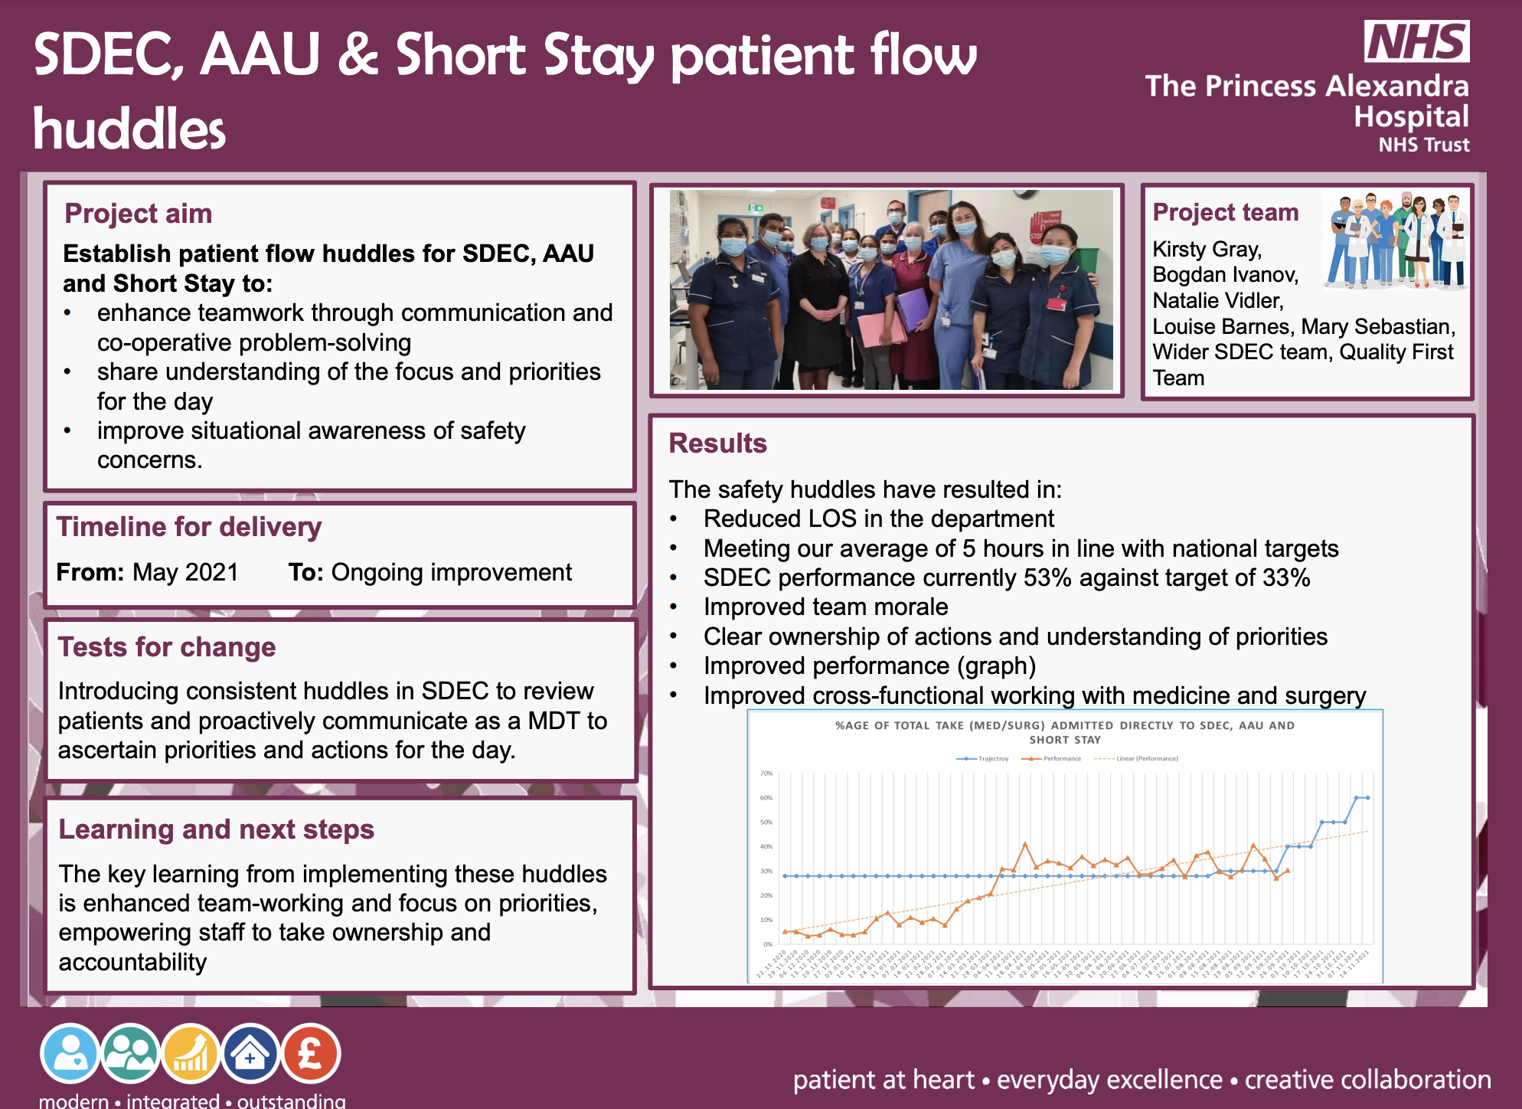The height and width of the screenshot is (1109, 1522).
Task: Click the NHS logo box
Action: tap(1416, 41)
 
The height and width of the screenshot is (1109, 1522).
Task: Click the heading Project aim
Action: tap(138, 214)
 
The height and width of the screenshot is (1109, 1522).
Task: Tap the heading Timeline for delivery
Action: tap(188, 527)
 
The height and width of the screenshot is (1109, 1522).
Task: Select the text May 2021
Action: tap(185, 572)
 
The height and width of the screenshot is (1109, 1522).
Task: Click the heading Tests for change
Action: tap(167, 647)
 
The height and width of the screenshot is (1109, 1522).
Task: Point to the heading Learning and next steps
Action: tap(216, 829)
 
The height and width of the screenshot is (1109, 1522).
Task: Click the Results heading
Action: tap(717, 443)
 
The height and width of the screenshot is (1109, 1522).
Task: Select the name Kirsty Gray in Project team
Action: tap(1207, 250)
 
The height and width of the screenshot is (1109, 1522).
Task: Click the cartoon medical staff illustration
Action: tap(1396, 240)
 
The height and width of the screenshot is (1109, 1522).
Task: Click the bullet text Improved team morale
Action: tap(825, 607)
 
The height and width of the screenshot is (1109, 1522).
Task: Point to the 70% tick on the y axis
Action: tap(766, 774)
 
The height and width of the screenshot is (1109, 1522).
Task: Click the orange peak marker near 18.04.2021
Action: tap(1025, 844)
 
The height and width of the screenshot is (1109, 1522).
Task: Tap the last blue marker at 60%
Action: tap(1367, 798)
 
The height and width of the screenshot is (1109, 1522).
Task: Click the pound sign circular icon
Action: tap(310, 1054)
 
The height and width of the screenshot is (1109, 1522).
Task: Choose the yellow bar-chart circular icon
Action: tap(190, 1054)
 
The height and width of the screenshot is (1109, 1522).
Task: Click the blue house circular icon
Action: tap(250, 1054)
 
